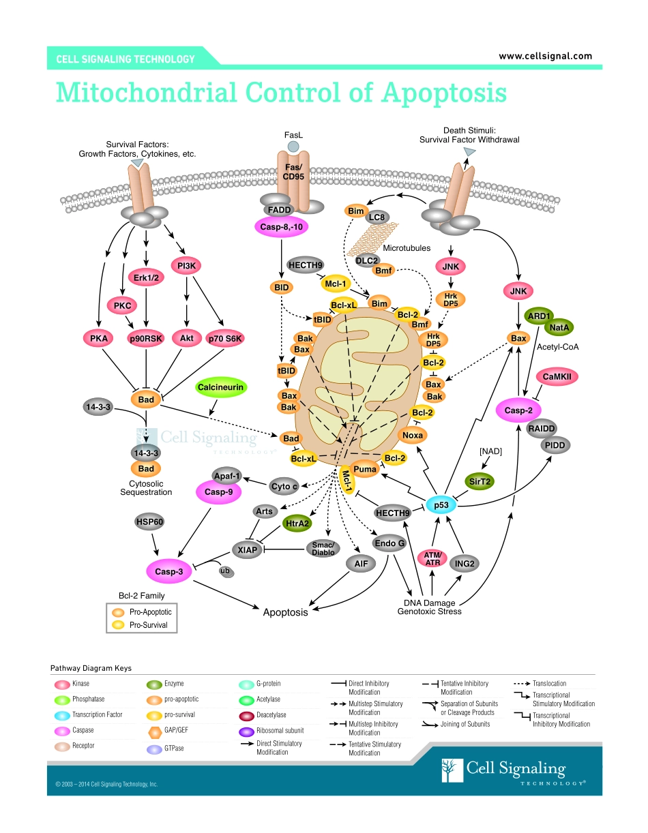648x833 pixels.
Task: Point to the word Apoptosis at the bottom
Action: [x=285, y=612]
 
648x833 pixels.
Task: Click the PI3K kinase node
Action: [x=186, y=266]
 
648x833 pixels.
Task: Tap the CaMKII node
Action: [x=557, y=376]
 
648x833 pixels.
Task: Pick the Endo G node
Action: [x=389, y=543]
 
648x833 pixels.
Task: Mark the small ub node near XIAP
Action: [x=225, y=571]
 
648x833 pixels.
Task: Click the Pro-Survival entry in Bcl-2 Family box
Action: [x=148, y=624]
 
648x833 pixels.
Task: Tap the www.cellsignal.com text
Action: [x=545, y=57]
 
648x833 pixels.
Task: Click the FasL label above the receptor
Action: [x=293, y=136]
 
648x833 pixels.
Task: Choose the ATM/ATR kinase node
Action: [x=432, y=559]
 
